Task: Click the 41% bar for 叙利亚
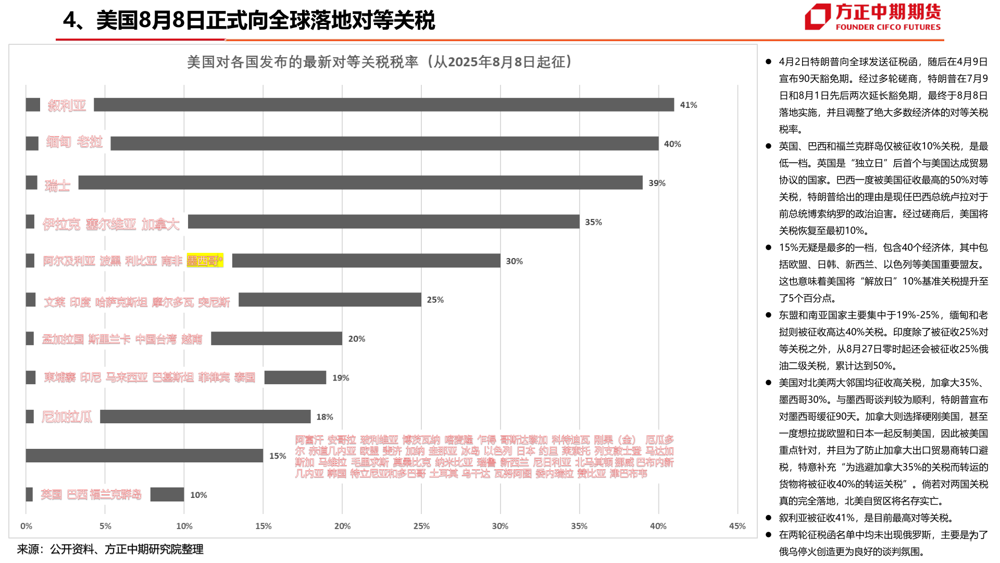pyautogui.click(x=383, y=105)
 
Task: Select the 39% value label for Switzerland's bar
pyautogui.click(x=657, y=183)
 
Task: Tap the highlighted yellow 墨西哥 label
pyautogui.click(x=205, y=261)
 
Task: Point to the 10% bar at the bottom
pyautogui.click(x=167, y=495)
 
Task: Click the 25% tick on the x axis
pyautogui.click(x=421, y=526)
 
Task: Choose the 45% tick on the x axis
pyautogui.click(x=737, y=526)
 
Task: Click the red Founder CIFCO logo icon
pyautogui.click(x=817, y=17)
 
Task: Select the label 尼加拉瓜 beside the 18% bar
pyautogui.click(x=67, y=417)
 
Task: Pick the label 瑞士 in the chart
pyautogui.click(x=57, y=186)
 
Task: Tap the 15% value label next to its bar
pyautogui.click(x=278, y=456)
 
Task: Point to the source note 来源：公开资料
pyautogui.click(x=110, y=549)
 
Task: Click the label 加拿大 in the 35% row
pyautogui.click(x=160, y=224)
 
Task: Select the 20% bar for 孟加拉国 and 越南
pyautogui.click(x=276, y=339)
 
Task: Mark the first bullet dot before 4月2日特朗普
pyautogui.click(x=768, y=62)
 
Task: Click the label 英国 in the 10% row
pyautogui.click(x=51, y=495)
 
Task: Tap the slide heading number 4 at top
pyautogui.click(x=70, y=21)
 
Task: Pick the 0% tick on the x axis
pyautogui.click(x=26, y=526)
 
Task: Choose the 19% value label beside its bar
pyautogui.click(x=341, y=378)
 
